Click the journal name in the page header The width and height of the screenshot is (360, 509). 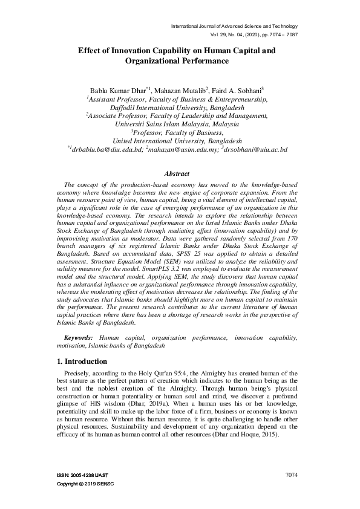pos(234,27)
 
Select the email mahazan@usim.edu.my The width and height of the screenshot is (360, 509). pos(182,148)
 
